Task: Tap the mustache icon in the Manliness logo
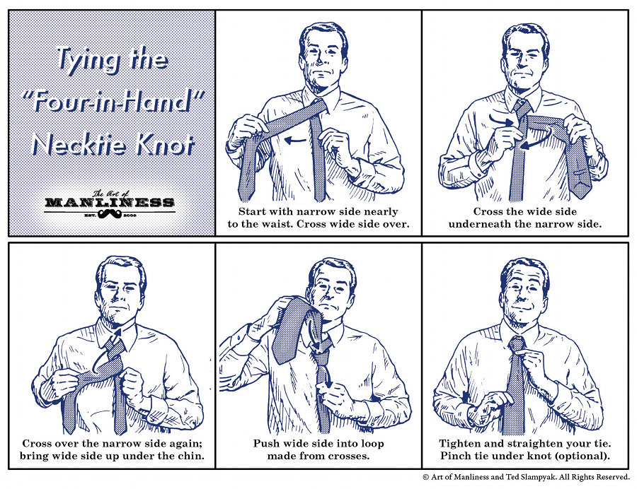pyautogui.click(x=108, y=211)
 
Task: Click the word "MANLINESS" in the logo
pyautogui.click(x=109, y=202)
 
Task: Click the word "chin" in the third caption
pyautogui.click(x=191, y=456)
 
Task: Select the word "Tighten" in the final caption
pyautogui.click(x=461, y=443)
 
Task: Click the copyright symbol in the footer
pyautogui.click(x=426, y=478)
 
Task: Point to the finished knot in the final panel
pyautogui.click(x=517, y=345)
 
